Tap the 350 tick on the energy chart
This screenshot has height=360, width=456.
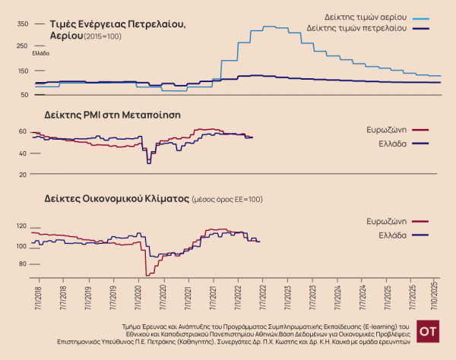[21, 24]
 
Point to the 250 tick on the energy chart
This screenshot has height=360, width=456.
[21, 47]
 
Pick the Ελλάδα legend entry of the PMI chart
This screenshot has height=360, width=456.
[391, 143]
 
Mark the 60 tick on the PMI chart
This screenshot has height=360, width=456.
[23, 131]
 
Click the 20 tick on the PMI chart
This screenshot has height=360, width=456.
[23, 174]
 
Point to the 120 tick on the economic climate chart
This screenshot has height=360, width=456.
[21, 226]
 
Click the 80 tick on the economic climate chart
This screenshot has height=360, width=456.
[23, 264]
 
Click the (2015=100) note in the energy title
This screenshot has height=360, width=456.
[102, 36]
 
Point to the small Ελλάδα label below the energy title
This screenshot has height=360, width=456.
[40, 53]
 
